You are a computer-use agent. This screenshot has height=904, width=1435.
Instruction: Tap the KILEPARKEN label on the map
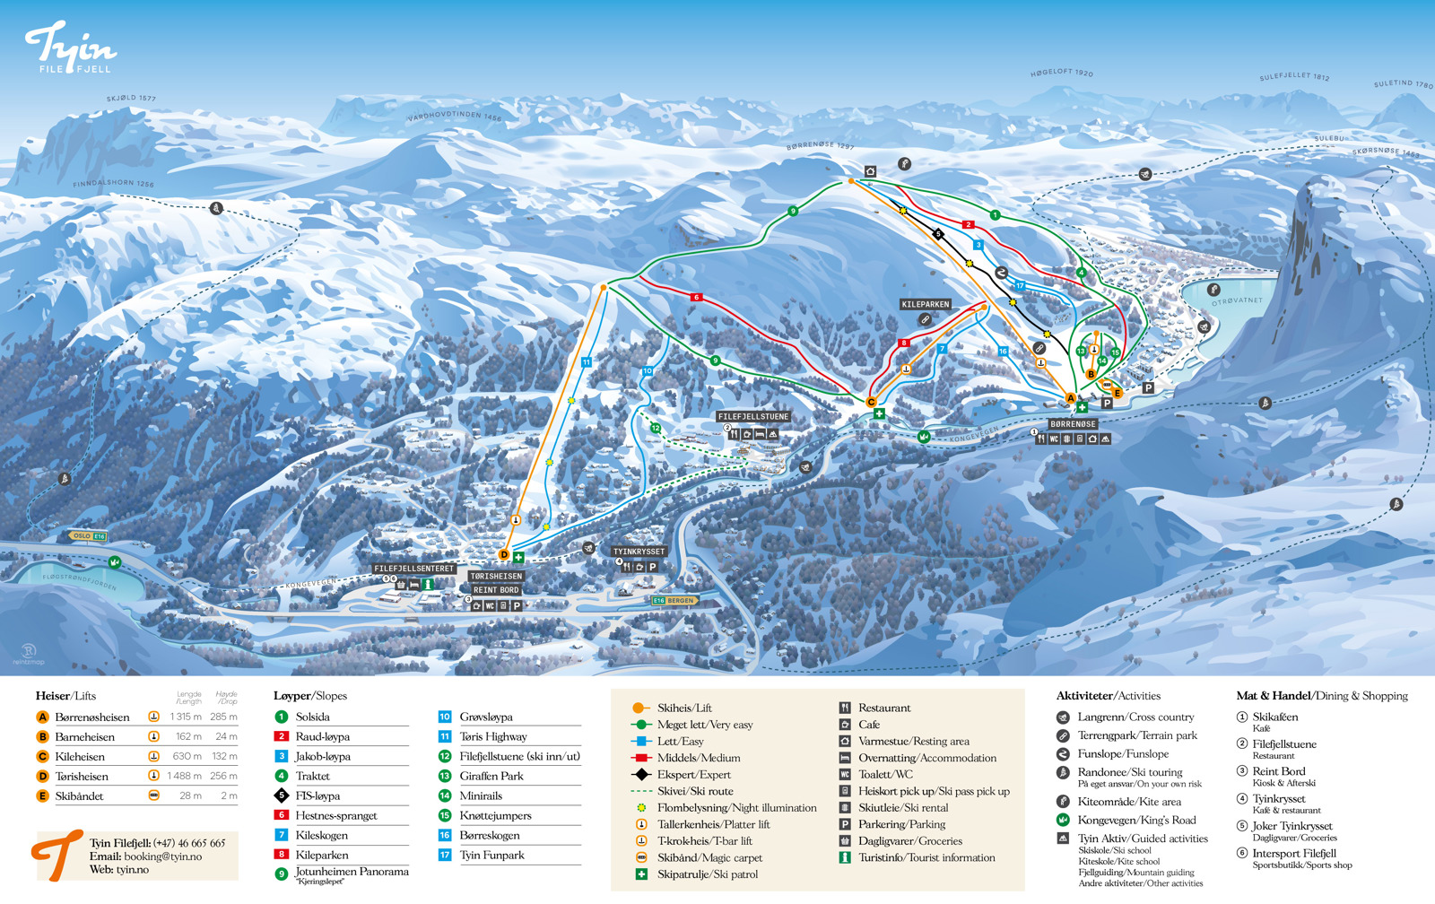(925, 304)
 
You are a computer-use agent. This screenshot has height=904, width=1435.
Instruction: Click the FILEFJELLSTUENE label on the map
(752, 416)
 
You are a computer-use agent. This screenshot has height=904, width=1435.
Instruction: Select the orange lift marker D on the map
(504, 555)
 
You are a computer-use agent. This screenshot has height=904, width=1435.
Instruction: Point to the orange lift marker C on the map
(871, 403)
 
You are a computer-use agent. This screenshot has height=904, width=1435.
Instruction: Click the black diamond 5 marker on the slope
(938, 234)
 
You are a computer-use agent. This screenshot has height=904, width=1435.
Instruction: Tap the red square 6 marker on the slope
(696, 297)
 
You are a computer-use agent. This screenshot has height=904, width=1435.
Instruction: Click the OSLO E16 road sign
(88, 536)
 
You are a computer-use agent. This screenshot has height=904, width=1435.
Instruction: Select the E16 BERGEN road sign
(674, 600)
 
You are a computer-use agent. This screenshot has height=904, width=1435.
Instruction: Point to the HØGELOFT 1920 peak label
(1061, 73)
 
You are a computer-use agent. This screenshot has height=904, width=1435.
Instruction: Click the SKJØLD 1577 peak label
(131, 98)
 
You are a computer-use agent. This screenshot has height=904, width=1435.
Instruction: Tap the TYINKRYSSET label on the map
(639, 552)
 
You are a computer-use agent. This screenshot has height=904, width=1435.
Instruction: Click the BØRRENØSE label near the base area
(1073, 424)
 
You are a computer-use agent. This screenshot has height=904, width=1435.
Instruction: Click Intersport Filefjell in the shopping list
(1293, 854)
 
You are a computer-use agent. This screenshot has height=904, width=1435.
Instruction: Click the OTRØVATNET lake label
(1237, 300)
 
